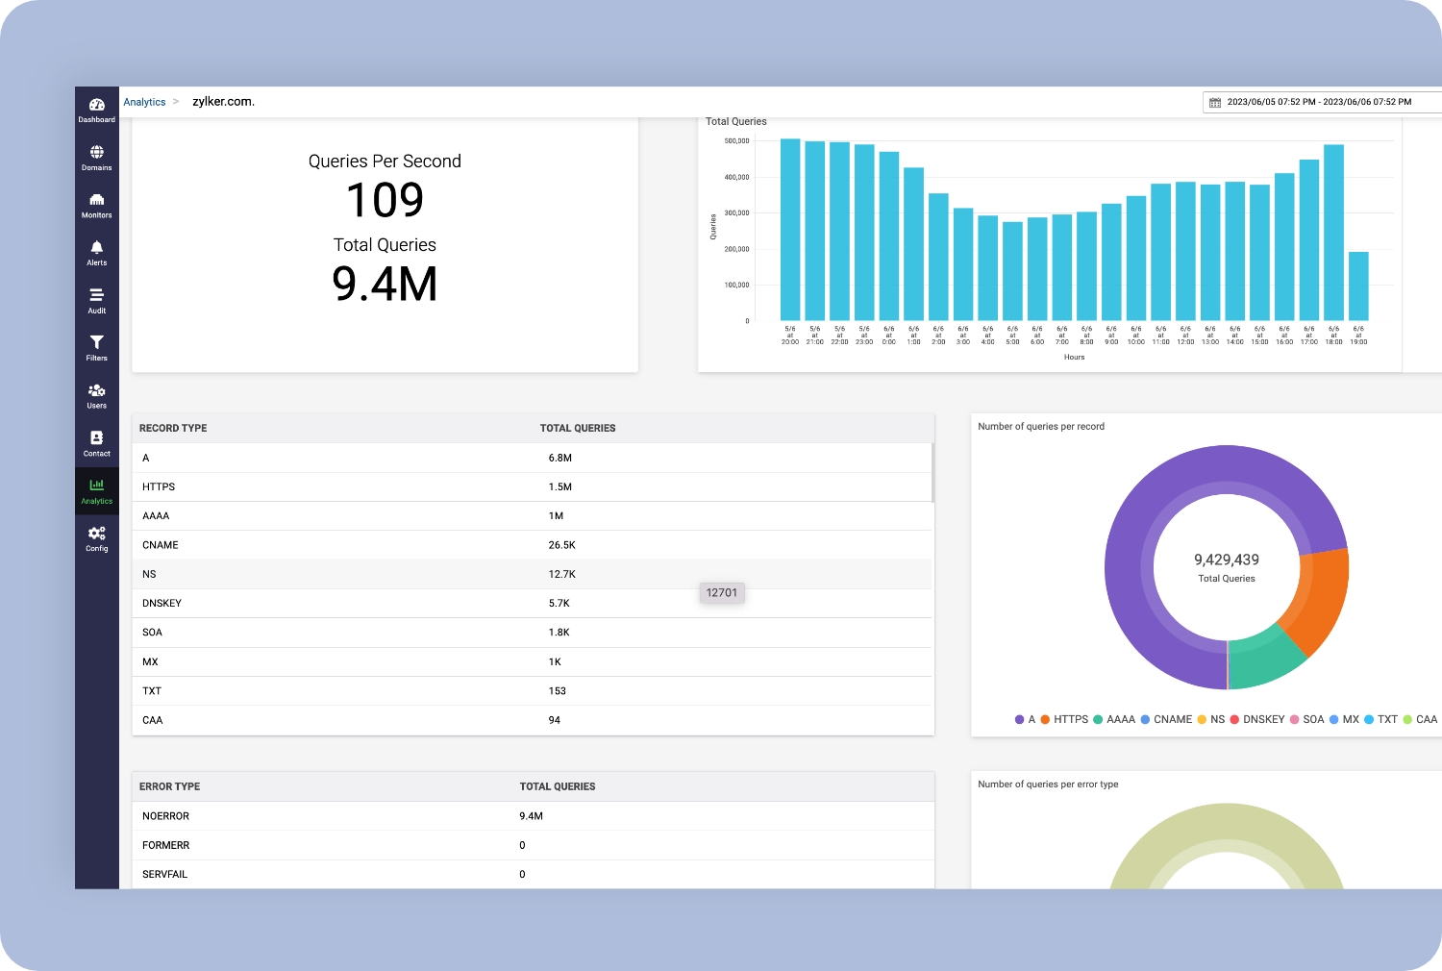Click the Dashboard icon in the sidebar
pos(96,105)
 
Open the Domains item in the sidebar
pos(96,152)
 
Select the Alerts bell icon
pos(96,248)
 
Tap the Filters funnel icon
pos(96,342)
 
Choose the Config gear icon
pos(96,534)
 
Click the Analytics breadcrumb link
pos(144,102)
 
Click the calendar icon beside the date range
pos(1215,102)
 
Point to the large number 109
pos(385,201)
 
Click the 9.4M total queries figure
pos(385,285)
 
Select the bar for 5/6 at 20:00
pos(790,231)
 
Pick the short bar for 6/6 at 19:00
pos(1358,286)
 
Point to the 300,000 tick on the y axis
pos(736,213)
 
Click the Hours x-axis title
pos(1074,357)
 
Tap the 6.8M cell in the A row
pos(560,459)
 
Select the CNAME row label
pos(161,545)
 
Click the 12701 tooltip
pos(722,593)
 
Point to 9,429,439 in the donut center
pos(1227,560)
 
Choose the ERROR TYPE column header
pos(170,786)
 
